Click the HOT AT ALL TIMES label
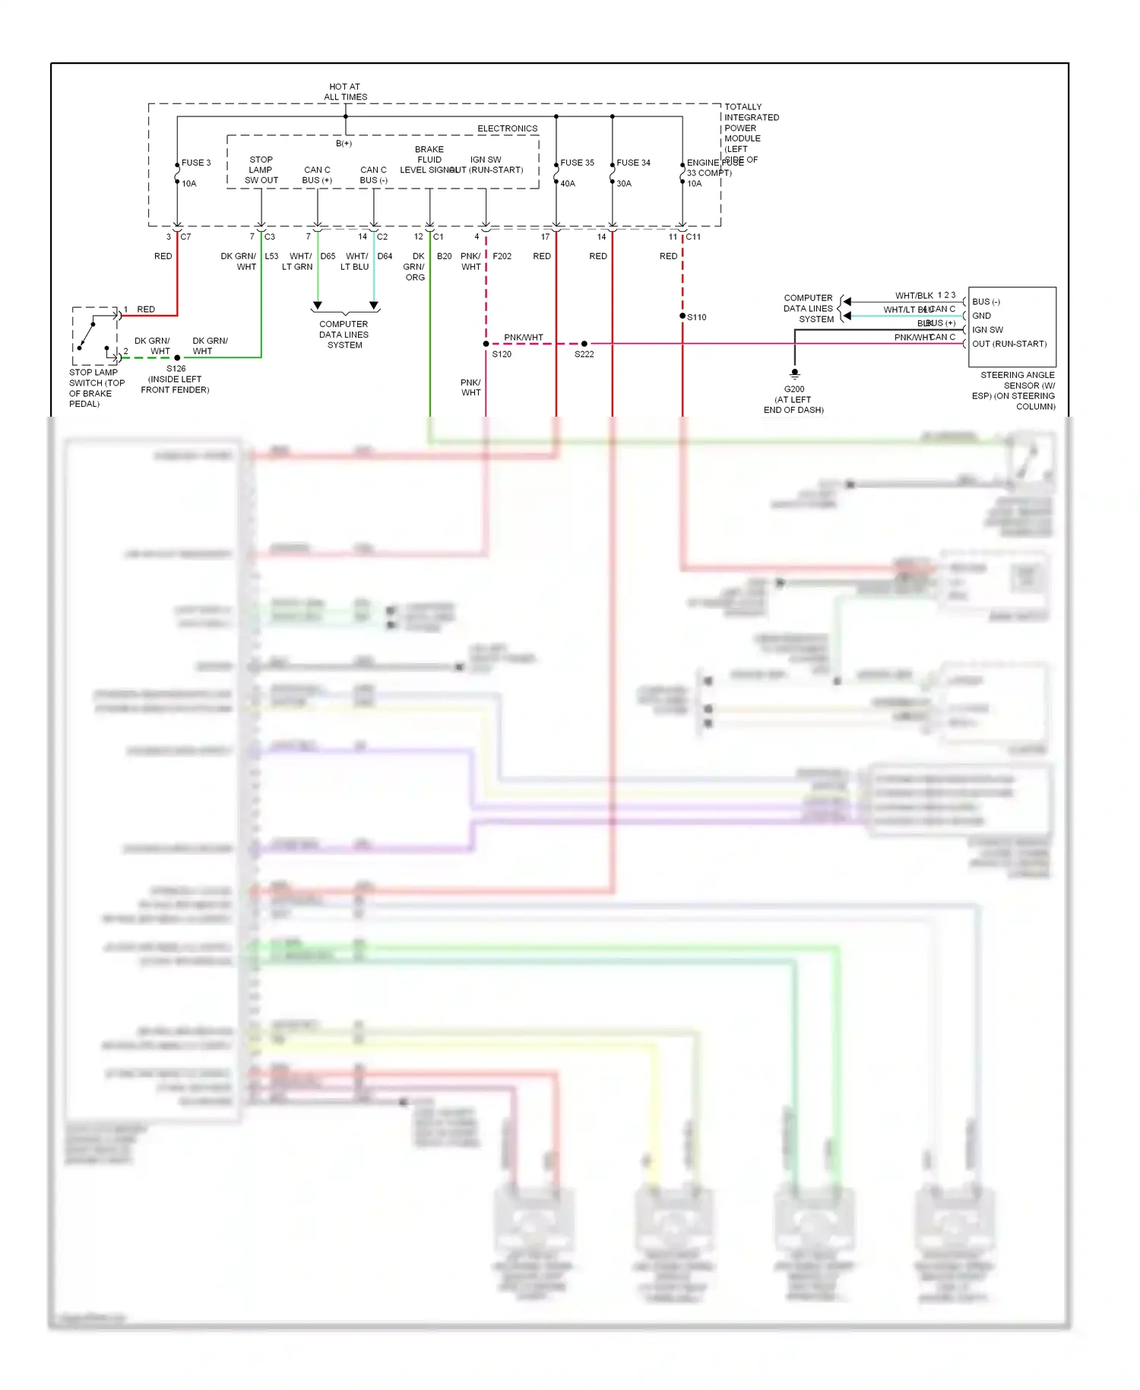[345, 92]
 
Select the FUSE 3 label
[196, 163]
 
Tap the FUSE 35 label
[577, 163]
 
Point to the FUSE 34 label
[633, 163]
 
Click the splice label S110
[697, 317]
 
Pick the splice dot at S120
[486, 344]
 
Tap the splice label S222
[584, 354]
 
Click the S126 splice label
[176, 369]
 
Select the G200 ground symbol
[795, 374]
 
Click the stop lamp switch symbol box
[95, 336]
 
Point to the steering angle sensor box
[1012, 327]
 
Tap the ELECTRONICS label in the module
[507, 129]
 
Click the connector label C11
[693, 237]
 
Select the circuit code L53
[271, 256]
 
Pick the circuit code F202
[502, 256]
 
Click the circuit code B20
[444, 256]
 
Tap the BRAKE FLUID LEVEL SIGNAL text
[429, 160]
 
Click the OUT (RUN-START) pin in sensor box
[1009, 344]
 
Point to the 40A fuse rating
[568, 183]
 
